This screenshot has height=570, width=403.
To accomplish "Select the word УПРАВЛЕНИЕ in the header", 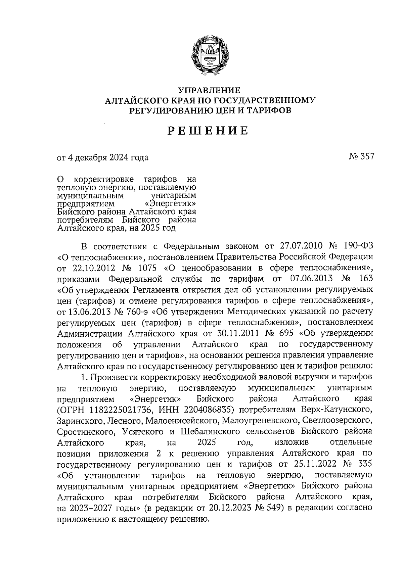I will (x=209, y=91).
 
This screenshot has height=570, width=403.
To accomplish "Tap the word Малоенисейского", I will (x=181, y=421).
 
